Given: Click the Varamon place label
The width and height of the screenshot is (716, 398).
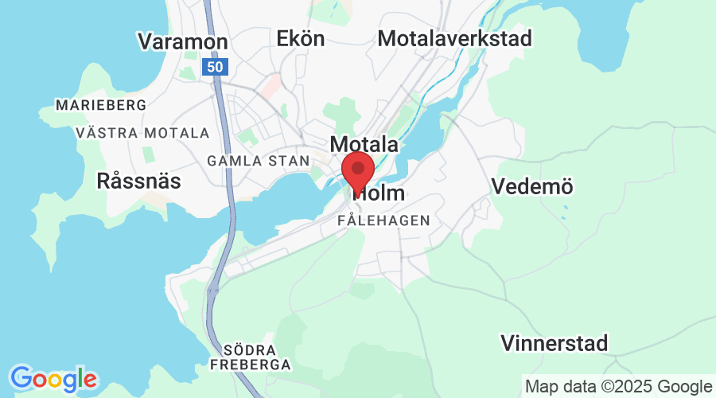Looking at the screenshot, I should (x=183, y=41).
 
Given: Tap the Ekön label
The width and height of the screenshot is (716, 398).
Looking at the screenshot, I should (x=301, y=38).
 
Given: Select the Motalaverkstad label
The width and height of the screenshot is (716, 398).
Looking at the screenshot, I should (x=455, y=38).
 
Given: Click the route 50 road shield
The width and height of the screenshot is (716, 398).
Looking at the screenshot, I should (x=214, y=67).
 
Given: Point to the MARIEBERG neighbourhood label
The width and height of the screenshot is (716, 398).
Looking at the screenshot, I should (x=100, y=105).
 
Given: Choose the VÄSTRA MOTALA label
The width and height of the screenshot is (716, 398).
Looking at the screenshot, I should (x=143, y=133).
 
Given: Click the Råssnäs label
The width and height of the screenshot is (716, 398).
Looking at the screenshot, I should (x=138, y=181).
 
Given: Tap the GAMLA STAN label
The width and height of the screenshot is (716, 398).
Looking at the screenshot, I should (x=258, y=161).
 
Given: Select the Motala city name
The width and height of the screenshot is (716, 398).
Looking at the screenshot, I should (x=364, y=144).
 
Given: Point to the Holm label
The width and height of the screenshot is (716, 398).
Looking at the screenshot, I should (x=380, y=193).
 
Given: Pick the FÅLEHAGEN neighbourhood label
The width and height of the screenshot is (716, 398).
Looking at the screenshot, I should (x=383, y=220).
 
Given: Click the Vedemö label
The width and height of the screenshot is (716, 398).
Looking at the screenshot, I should (x=532, y=187).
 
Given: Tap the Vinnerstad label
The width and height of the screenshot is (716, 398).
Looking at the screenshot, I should (x=555, y=344).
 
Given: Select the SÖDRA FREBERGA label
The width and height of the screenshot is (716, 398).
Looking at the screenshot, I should (x=251, y=357).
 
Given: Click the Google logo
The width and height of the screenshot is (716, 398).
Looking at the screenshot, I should (x=53, y=377).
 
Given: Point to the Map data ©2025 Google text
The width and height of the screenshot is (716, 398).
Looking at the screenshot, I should (x=618, y=387).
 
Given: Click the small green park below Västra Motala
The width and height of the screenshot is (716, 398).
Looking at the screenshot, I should (x=146, y=151).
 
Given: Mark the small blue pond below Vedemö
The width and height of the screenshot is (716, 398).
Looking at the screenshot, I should (x=565, y=213).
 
